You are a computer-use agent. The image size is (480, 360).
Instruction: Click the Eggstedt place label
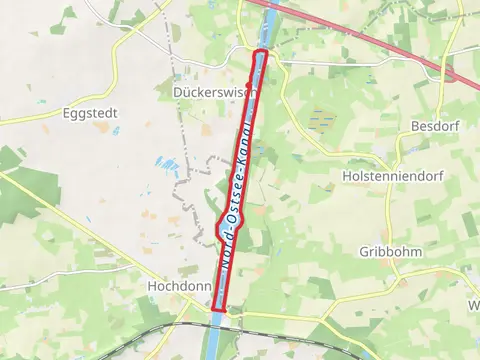coord(89,114)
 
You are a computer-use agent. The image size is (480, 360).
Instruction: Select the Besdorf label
coord(433,127)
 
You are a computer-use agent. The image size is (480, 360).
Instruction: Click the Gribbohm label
coord(391,252)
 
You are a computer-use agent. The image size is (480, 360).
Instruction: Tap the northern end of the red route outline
coord(261,52)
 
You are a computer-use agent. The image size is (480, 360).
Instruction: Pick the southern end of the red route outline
coord(216,313)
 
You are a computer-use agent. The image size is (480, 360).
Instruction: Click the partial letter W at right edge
coord(474,305)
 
